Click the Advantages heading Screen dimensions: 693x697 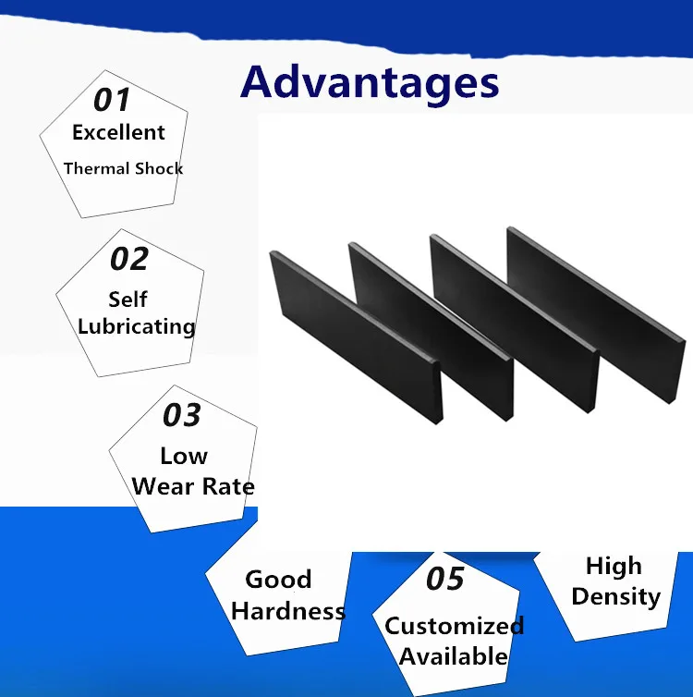point(370,83)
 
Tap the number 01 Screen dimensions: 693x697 point(112,99)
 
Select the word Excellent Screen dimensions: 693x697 point(118,132)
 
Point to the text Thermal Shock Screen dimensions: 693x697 point(123,168)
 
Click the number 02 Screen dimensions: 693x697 point(128,258)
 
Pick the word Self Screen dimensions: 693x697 point(128,300)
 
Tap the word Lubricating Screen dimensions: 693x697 point(137,326)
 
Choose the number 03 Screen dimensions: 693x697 point(182,415)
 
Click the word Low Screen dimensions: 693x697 point(184,456)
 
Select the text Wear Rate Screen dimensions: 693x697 point(193,486)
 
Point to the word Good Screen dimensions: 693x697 point(278,580)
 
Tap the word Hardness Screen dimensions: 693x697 point(288,611)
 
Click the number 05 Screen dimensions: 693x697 point(445,579)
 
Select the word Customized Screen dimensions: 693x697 point(454,626)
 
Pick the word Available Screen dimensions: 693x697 point(453,656)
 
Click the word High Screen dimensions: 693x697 point(614,567)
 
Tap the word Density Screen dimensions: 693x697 point(616,597)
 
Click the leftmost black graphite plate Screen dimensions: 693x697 point(356,336)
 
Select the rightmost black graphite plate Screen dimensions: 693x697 point(596,315)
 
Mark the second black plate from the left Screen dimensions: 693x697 point(431,331)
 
